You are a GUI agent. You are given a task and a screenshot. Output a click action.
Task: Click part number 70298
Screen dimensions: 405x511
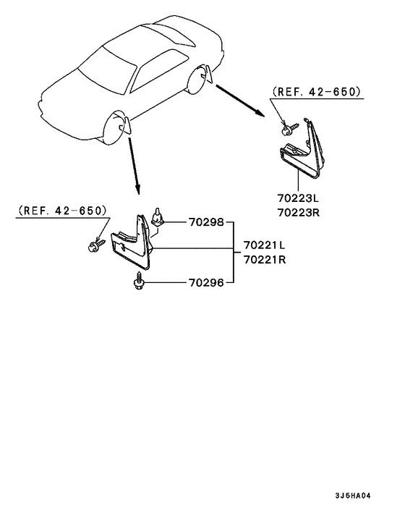206,222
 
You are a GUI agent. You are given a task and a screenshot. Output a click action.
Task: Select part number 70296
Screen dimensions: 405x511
206,282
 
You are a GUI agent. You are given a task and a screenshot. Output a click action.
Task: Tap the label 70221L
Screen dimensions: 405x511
265,245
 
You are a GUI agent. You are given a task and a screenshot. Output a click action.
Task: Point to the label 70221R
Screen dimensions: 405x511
265,260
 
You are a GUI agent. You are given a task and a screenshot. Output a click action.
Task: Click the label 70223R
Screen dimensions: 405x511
299,213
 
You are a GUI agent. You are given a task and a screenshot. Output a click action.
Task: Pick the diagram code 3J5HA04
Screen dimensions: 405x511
353,496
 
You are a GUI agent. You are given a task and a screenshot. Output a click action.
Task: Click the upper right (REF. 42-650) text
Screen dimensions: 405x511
317,92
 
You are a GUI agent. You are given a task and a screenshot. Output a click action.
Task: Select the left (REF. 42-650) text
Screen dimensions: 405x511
62,211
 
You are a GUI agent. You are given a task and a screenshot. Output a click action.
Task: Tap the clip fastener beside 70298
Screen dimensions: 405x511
158,216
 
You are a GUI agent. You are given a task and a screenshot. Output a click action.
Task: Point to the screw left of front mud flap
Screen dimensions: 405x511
97,245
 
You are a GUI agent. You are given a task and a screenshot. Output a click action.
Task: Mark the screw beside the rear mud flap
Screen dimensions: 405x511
290,128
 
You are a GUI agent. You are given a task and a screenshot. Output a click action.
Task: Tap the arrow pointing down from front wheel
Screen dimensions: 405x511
134,166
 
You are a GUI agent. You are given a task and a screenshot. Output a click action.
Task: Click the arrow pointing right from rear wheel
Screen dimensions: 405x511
240,100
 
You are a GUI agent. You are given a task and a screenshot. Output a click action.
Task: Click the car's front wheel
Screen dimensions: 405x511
114,127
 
